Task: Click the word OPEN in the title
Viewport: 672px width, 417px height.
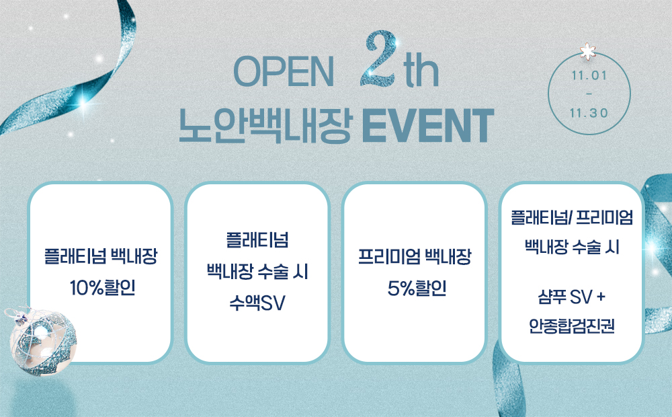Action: tap(284, 72)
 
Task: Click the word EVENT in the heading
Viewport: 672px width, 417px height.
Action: tap(428, 126)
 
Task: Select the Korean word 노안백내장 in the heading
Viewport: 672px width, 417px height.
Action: tap(265, 126)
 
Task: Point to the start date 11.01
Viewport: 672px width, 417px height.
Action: tap(589, 75)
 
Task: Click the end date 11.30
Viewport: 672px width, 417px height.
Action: tap(589, 113)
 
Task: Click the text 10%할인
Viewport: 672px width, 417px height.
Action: tap(102, 287)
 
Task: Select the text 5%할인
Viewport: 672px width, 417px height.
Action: tap(417, 288)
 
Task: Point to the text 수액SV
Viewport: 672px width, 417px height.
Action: tap(257, 303)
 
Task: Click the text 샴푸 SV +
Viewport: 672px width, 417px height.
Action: tap(572, 297)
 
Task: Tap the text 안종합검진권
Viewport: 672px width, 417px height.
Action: tap(572, 326)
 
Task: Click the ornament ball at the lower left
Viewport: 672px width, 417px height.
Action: tap(43, 342)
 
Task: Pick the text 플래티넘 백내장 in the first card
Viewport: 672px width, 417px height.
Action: tap(101, 256)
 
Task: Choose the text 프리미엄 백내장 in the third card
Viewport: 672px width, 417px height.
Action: tap(415, 256)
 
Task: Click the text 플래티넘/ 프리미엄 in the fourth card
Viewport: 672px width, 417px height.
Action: tap(572, 217)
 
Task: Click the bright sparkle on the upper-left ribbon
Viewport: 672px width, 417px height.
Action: tap(83, 102)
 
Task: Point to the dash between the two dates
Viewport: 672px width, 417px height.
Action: tap(589, 94)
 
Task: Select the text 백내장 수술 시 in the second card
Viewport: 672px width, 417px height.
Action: tap(257, 272)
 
